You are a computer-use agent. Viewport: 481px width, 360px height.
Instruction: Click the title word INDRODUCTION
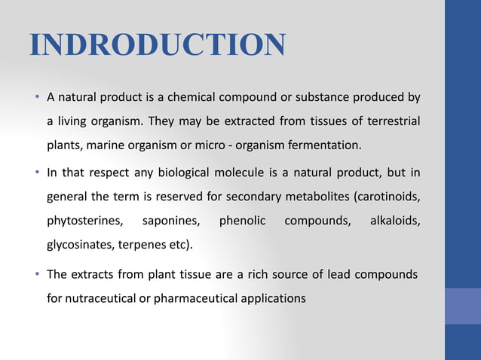click(157, 45)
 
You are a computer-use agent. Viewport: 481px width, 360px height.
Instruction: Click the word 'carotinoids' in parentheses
click(388, 198)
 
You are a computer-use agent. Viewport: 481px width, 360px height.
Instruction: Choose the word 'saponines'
click(171, 222)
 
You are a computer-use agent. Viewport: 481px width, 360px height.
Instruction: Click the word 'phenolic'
click(241, 222)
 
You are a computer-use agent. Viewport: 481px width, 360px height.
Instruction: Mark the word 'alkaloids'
click(395, 222)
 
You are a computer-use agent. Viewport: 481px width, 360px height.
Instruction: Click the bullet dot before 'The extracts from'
click(37, 274)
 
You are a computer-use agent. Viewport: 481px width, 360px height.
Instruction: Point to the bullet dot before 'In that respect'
click(37, 174)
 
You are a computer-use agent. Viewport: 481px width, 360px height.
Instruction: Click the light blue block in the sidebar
click(462, 306)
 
